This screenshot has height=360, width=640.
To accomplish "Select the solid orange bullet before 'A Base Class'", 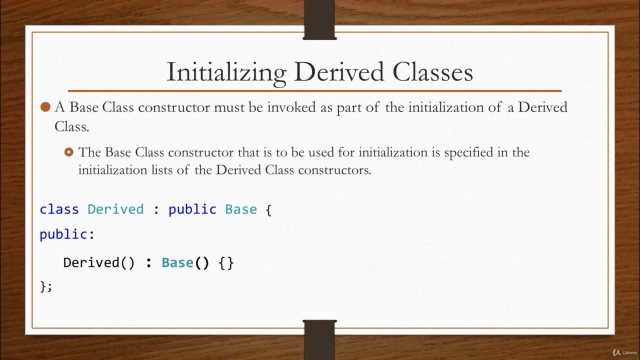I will [x=45, y=107].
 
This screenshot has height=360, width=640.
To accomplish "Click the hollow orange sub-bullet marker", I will [x=69, y=152].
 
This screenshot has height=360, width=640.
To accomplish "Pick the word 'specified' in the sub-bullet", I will [x=468, y=152].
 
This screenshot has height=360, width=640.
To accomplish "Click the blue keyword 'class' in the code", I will [x=59, y=209].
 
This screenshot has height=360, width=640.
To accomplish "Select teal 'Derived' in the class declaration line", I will [x=115, y=209].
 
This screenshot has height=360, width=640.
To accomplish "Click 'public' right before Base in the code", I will [x=192, y=209].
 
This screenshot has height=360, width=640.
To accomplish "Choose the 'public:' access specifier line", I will [x=67, y=234].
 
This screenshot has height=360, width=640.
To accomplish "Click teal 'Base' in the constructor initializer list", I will [x=177, y=262].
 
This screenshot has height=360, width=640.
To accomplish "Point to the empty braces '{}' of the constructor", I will [x=226, y=262].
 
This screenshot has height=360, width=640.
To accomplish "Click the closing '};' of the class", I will [x=45, y=286].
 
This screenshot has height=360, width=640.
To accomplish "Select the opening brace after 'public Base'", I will [x=268, y=209].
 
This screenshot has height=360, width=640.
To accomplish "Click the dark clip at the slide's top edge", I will [x=319, y=20].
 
